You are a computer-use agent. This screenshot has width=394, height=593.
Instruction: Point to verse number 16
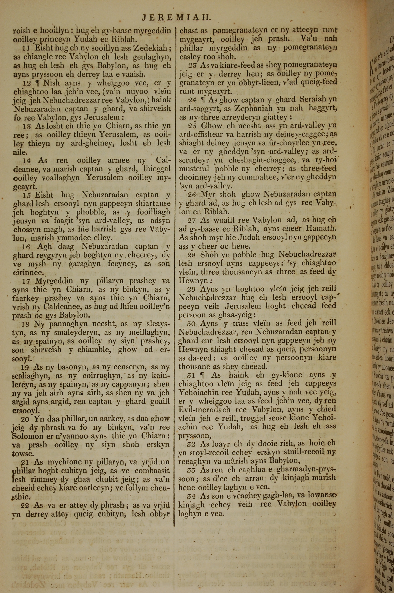26,247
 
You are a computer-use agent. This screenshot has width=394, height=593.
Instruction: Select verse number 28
192,255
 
